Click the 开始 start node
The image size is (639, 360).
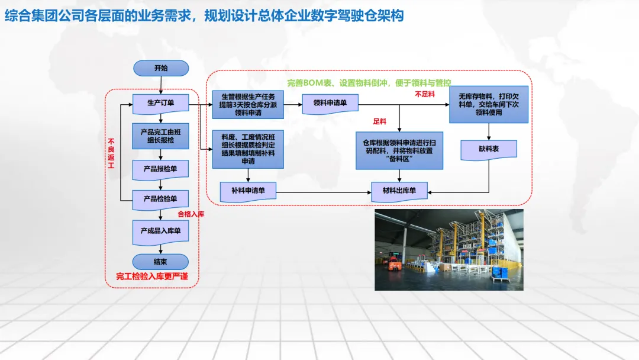click(161, 68)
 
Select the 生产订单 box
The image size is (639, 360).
click(161, 103)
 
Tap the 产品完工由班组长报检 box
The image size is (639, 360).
click(161, 136)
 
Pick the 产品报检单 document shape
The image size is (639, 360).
click(161, 169)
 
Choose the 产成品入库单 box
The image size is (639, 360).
click(161, 231)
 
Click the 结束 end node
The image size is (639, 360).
click(161, 262)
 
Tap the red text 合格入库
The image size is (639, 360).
click(191, 214)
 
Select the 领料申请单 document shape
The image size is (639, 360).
click(330, 103)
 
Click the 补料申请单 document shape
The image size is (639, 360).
click(248, 191)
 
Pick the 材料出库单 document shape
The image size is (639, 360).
click(399, 191)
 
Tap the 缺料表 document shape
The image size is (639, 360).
click(489, 149)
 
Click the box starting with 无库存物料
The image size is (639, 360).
click(489, 104)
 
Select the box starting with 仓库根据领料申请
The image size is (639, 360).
click(399, 150)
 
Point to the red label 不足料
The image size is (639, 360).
click(424, 94)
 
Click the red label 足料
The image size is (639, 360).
click(380, 121)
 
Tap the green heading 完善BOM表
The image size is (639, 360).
click(369, 83)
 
